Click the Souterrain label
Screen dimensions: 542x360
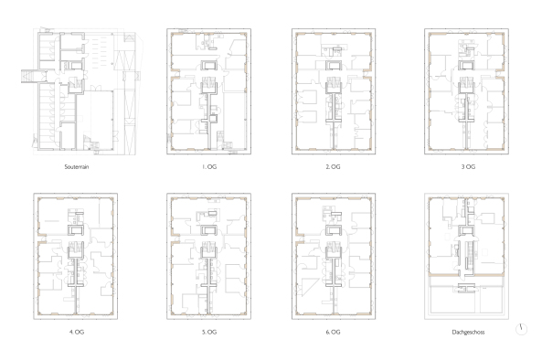(77, 167)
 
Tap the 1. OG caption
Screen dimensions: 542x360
(209, 167)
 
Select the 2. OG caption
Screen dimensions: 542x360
(333, 167)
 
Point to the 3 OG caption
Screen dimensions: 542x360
(468, 167)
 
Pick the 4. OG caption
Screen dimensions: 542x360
(77, 332)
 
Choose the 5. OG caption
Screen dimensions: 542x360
(209, 332)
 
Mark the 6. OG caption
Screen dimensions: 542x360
(333, 332)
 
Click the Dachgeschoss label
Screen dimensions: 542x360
(468, 332)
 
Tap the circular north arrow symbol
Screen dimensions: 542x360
(521, 329)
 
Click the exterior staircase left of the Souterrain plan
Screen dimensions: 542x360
(27, 76)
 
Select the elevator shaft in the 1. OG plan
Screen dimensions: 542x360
(209, 65)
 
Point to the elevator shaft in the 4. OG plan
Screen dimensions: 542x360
(76, 230)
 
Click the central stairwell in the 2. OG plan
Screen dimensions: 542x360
(334, 83)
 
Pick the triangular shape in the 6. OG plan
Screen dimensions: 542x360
(309, 288)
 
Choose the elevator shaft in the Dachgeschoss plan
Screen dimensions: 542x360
(466, 231)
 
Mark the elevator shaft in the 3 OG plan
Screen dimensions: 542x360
(466, 65)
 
